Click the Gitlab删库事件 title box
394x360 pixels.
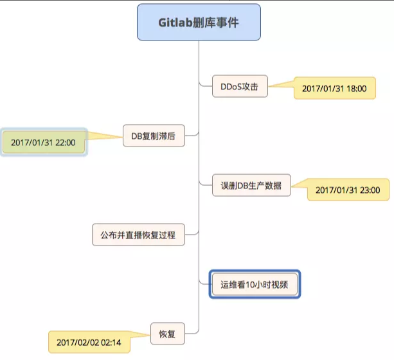(199, 22)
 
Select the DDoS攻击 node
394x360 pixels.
(239, 86)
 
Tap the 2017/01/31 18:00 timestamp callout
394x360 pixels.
(334, 89)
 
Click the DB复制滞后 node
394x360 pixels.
(153, 136)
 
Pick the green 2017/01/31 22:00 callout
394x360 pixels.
(43, 142)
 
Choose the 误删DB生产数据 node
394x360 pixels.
(251, 187)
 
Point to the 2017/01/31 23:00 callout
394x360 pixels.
(348, 190)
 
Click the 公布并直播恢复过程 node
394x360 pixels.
(138, 235)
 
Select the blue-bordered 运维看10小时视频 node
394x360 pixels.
(255, 283)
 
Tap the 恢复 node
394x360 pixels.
(172, 333)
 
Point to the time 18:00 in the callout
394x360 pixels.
(357, 89)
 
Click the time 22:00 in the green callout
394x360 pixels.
(65, 142)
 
